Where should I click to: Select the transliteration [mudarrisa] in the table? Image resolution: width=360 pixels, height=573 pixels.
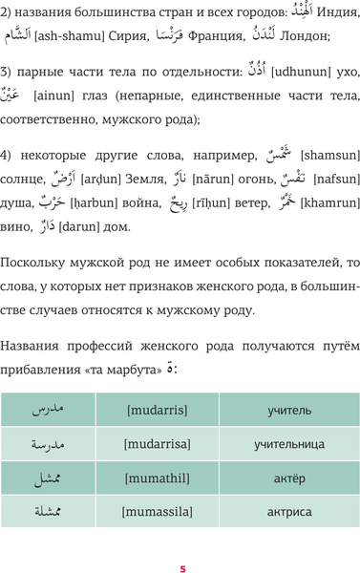tap(158, 444)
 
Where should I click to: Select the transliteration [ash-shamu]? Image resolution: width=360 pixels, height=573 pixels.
tap(72, 36)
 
